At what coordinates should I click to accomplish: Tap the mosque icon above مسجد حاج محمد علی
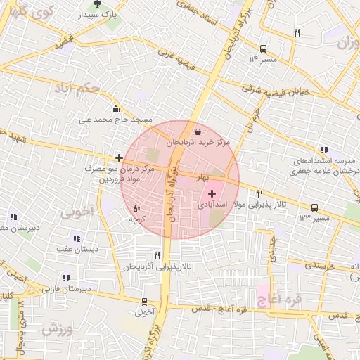click(115, 108)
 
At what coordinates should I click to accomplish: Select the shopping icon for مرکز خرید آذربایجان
click(197, 131)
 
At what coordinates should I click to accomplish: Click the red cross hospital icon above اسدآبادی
click(212, 193)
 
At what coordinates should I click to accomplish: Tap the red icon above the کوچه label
click(136, 208)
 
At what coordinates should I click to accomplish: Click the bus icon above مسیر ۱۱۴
click(263, 49)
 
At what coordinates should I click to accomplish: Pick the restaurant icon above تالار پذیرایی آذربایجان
click(156, 255)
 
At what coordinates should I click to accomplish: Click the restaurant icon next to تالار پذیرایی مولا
click(259, 193)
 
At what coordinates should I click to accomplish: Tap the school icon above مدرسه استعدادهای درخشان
click(323, 150)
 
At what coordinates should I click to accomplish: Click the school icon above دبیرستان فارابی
click(66, 278)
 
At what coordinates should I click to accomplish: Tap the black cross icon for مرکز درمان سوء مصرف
click(119, 158)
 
